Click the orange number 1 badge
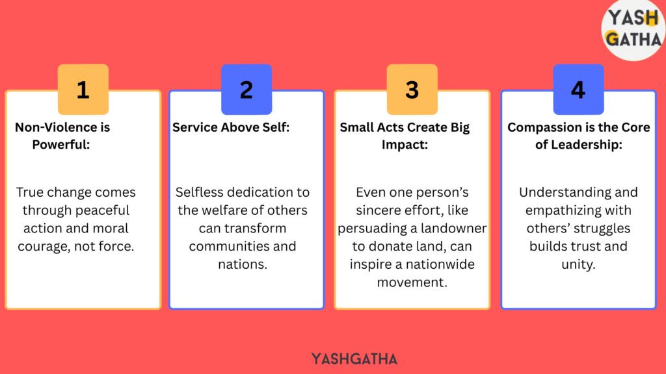tap(83, 90)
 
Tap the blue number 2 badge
tap(246, 90)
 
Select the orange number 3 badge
tap(412, 90)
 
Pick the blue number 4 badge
tap(578, 90)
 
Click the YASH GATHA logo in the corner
tap(633, 29)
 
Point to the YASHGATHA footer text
tap(354, 359)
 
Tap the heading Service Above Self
tap(231, 127)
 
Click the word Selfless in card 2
tap(194, 192)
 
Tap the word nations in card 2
tap(243, 264)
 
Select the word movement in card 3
tap(412, 282)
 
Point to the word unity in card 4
tap(578, 264)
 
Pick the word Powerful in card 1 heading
tap(60, 145)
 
